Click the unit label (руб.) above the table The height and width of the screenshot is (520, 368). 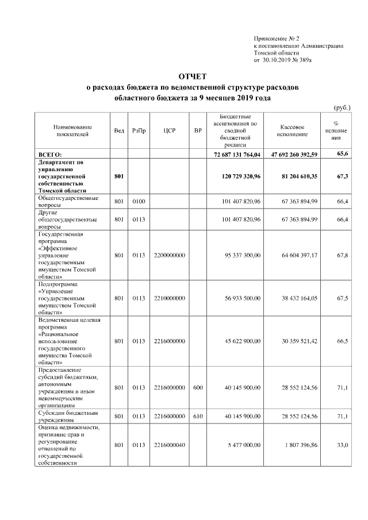342,107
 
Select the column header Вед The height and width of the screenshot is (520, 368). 119,130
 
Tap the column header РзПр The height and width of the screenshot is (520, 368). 139,130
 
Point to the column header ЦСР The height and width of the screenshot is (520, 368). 169,130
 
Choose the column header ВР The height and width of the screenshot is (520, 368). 198,130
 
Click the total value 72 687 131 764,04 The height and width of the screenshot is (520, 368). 237,155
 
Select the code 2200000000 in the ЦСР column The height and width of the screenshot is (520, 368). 170,255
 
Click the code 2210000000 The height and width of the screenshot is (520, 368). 170,298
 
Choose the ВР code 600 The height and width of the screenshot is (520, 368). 198,388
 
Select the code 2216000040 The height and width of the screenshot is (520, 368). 170,445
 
